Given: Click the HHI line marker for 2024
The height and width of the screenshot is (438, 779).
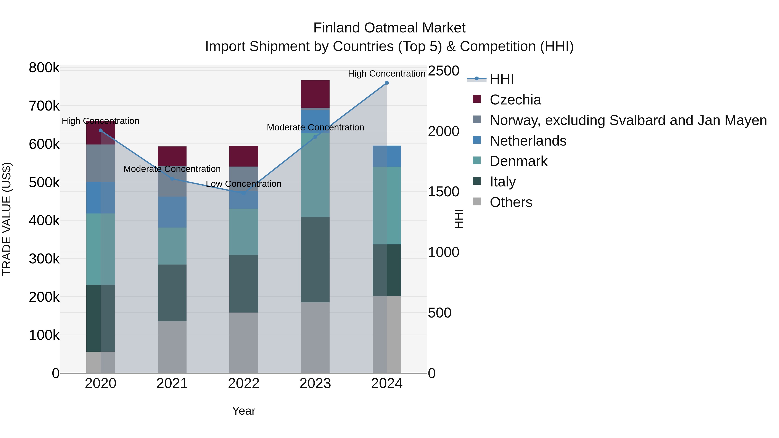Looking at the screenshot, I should [386, 83].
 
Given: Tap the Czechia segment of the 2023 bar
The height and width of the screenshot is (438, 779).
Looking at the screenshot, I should [315, 94].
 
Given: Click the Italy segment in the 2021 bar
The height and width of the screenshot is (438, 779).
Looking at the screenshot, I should [172, 293].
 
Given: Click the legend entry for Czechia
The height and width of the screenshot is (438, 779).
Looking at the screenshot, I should [515, 100].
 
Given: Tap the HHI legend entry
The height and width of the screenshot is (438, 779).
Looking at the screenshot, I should [501, 79].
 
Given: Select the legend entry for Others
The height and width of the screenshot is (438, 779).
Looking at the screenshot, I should [511, 202].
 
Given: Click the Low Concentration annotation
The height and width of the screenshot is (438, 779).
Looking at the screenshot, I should [243, 184].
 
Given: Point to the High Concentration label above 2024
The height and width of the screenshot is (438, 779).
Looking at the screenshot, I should [386, 74].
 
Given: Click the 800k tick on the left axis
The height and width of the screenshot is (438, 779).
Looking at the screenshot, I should [44, 68].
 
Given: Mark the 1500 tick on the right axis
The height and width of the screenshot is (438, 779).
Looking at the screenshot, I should [443, 192].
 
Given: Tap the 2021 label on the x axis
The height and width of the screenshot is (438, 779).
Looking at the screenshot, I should [172, 383].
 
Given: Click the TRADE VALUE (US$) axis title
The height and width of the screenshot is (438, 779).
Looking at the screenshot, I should [7, 219].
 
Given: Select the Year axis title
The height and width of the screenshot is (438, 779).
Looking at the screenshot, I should [243, 411].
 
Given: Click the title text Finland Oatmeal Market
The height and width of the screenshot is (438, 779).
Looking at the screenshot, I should [389, 28].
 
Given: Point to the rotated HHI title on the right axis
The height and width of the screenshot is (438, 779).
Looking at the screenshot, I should [459, 219].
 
